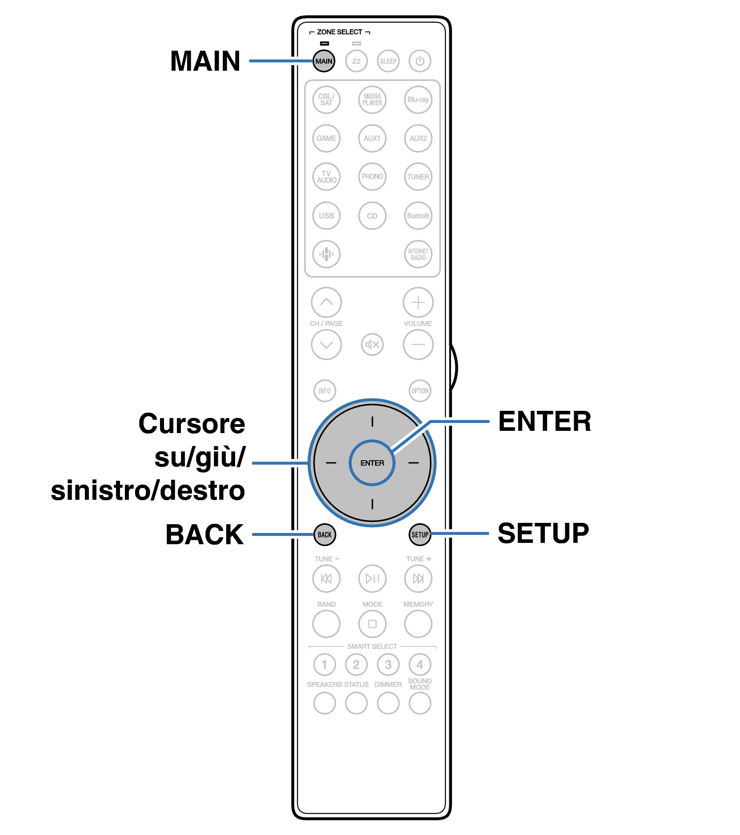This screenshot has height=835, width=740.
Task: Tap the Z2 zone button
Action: (356, 61)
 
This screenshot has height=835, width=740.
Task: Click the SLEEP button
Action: (388, 61)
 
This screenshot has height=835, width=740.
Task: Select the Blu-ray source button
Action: (418, 100)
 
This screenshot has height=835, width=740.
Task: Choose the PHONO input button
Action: (372, 177)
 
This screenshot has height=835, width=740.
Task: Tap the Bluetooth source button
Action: (418, 216)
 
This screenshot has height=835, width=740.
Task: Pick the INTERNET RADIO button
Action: (418, 254)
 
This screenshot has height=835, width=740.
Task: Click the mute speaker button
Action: (372, 344)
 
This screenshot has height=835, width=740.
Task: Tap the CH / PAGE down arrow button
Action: (326, 344)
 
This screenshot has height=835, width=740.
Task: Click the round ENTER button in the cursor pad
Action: (372, 463)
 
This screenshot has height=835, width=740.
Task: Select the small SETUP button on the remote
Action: (420, 534)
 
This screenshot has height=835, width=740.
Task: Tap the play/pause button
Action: (372, 578)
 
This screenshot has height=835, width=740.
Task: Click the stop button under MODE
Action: (372, 624)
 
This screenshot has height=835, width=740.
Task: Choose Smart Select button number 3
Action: (388, 665)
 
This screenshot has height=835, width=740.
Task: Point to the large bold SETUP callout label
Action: (543, 533)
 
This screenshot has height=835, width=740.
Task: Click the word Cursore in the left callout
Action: (192, 423)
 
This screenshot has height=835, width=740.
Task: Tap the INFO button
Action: (324, 391)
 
